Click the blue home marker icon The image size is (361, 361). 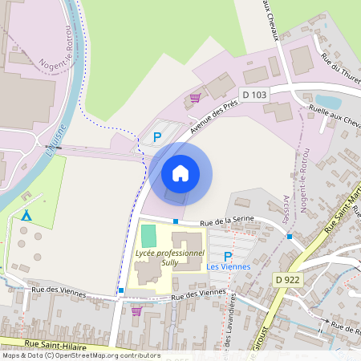pyautogui.click(x=180, y=173)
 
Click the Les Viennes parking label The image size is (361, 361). pyautogui.click(x=228, y=266)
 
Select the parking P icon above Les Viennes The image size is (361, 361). pyautogui.click(x=227, y=256)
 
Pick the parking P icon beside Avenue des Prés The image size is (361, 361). pyautogui.click(x=157, y=137)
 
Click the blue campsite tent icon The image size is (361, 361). pyautogui.click(x=26, y=215)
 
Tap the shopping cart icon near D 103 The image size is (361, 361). pyautogui.click(x=195, y=99)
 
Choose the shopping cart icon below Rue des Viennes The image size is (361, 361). pyautogui.click(x=136, y=311)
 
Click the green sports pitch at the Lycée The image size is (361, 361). pyautogui.click(x=148, y=236)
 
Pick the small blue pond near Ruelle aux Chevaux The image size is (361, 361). pyautogui.click(x=329, y=102)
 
